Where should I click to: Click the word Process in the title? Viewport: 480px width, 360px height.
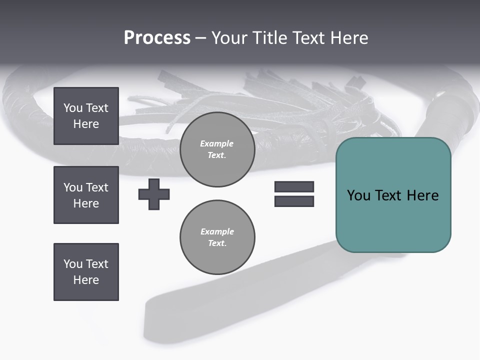pos(157,38)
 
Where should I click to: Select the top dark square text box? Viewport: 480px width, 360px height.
pos(86,116)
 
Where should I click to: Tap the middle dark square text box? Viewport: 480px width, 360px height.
pos(86,195)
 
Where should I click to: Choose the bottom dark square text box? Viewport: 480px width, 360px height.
pos(86,272)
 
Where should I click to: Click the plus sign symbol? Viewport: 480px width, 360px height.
pos(154,194)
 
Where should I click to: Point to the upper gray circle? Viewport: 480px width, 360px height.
pos(217,149)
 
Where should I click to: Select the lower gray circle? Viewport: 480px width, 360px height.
pos(217,237)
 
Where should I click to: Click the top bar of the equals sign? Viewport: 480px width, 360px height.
pos(294,186)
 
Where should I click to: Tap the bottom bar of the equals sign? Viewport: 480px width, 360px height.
pos(294,201)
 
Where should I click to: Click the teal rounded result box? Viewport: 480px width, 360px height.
pos(393,220)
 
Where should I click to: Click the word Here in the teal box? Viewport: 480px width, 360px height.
pos(422,195)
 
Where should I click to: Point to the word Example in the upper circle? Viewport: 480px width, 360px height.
pos(217,143)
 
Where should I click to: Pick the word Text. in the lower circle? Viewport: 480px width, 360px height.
pos(217,243)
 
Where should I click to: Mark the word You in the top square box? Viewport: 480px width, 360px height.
pos(72,108)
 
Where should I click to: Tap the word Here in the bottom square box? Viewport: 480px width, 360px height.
pos(86,280)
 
